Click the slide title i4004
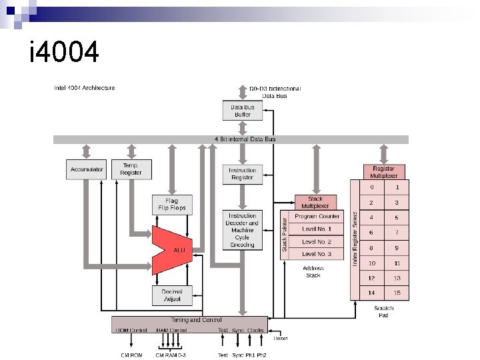point(65,51)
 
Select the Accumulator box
point(87,169)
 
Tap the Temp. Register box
point(131,169)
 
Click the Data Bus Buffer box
point(242,111)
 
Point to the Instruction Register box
point(242,174)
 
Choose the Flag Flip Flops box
point(172,204)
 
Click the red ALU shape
point(175,249)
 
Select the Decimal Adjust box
point(172,295)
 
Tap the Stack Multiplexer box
point(315,202)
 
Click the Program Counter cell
point(317,217)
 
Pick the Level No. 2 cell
point(317,241)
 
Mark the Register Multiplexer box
point(384,172)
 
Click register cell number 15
point(397,293)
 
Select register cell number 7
point(397,232)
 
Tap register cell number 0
point(372,187)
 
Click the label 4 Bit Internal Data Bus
point(245,139)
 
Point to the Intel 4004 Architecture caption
point(84,88)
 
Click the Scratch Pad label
point(384,311)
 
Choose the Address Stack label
point(313,271)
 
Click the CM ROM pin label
point(131,355)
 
